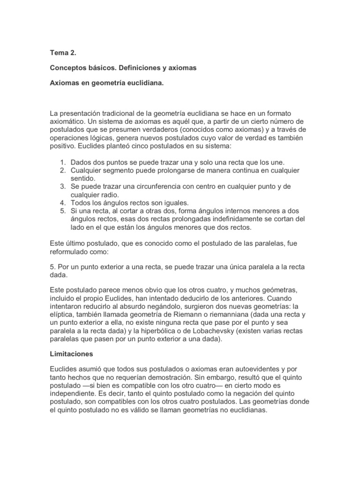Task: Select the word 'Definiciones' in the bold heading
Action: pyautogui.click(x=130, y=68)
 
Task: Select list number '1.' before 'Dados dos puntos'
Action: pyautogui.click(x=63, y=162)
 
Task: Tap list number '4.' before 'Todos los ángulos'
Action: pyautogui.click(x=63, y=203)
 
